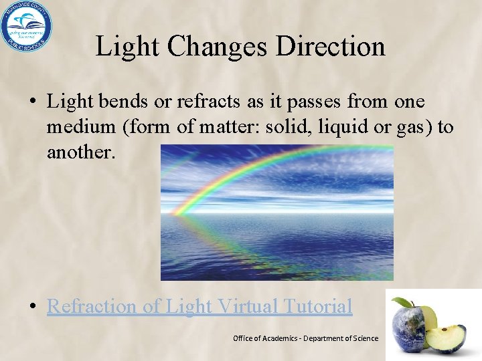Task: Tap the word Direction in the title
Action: click(x=329, y=47)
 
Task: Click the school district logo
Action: click(x=26, y=26)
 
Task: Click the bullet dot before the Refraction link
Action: click(x=32, y=307)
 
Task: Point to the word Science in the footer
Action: click(x=363, y=338)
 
